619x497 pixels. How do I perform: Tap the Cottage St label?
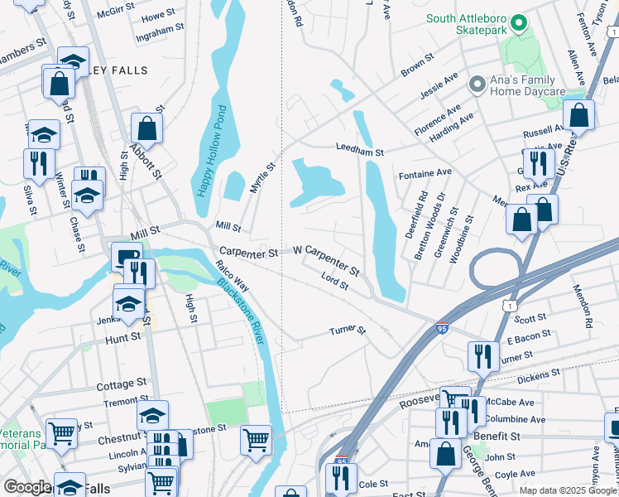[x=122, y=384]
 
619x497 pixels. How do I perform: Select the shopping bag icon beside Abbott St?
[x=146, y=128]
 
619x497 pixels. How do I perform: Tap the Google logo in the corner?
[x=27, y=487]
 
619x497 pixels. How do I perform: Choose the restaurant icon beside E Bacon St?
[x=483, y=356]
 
